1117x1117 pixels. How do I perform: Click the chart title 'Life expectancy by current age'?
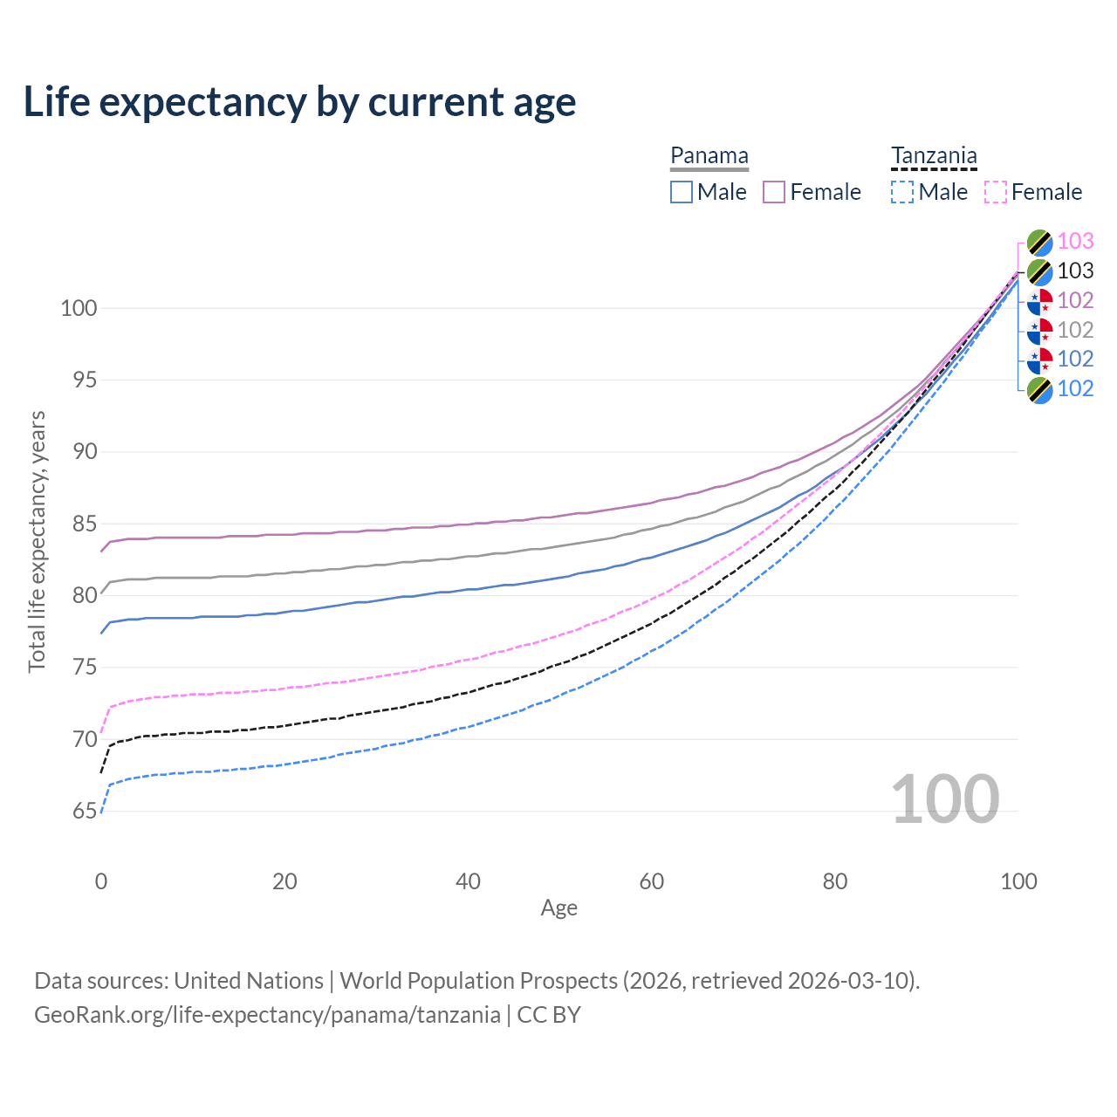pyautogui.click(x=299, y=101)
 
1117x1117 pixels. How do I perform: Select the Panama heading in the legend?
pyautogui.click(x=709, y=155)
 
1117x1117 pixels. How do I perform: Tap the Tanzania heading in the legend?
pyautogui.click(x=934, y=155)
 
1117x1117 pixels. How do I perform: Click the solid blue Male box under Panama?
pyautogui.click(x=682, y=192)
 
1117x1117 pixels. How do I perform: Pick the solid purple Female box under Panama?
pyautogui.click(x=774, y=192)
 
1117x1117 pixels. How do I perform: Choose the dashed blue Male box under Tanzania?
pyautogui.click(x=902, y=192)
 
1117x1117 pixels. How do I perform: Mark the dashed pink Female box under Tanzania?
pyautogui.click(x=996, y=192)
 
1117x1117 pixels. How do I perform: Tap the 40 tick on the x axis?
pyautogui.click(x=468, y=881)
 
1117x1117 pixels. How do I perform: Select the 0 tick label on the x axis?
pyautogui.click(x=101, y=881)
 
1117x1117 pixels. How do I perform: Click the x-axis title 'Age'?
pyautogui.click(x=558, y=908)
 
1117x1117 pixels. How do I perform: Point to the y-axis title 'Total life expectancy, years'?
pyautogui.click(x=37, y=541)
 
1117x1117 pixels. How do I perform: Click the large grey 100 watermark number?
pyautogui.click(x=944, y=799)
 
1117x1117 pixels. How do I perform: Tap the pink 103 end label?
pyautogui.click(x=1075, y=241)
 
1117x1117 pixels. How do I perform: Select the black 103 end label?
pyautogui.click(x=1075, y=271)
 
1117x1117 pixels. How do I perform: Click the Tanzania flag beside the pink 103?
pyautogui.click(x=1039, y=242)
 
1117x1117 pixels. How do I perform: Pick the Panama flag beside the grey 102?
pyautogui.click(x=1039, y=330)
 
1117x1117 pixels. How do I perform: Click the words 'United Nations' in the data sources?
pyautogui.click(x=249, y=981)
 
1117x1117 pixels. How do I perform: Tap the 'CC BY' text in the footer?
pyautogui.click(x=549, y=1015)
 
